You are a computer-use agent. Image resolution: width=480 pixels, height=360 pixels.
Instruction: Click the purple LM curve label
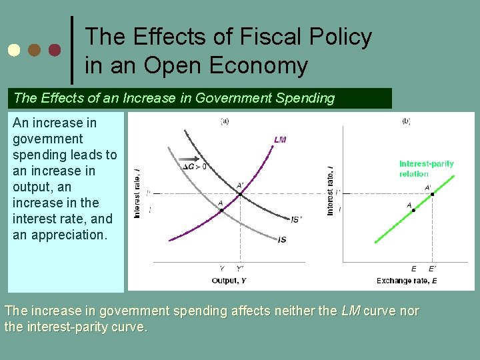coord(279,140)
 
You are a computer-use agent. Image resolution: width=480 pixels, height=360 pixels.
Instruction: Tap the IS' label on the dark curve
coord(296,219)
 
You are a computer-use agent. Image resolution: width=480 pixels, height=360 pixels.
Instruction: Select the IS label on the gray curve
coord(282,240)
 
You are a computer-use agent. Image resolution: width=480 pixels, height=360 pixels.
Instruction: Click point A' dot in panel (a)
coord(240,194)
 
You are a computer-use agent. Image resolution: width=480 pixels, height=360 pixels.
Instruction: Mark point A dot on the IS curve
coord(221,210)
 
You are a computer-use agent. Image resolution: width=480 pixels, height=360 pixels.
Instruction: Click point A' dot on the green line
coord(432,195)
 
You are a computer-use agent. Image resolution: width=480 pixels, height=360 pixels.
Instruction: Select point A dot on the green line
coord(413,210)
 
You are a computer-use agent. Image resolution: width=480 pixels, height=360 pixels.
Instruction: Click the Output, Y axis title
coord(229,281)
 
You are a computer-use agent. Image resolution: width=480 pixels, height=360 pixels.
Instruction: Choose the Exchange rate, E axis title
coord(407,281)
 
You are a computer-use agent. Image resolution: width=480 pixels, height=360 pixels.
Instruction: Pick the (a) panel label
coord(225,121)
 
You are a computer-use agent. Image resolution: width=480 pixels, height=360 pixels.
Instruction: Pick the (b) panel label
coord(406,121)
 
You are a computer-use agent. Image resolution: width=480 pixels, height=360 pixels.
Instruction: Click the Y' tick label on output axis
coord(240,269)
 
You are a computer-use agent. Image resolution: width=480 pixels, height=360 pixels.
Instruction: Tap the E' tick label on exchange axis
coord(433,269)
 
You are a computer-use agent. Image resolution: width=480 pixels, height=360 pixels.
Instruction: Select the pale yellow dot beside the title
coord(13,50)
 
